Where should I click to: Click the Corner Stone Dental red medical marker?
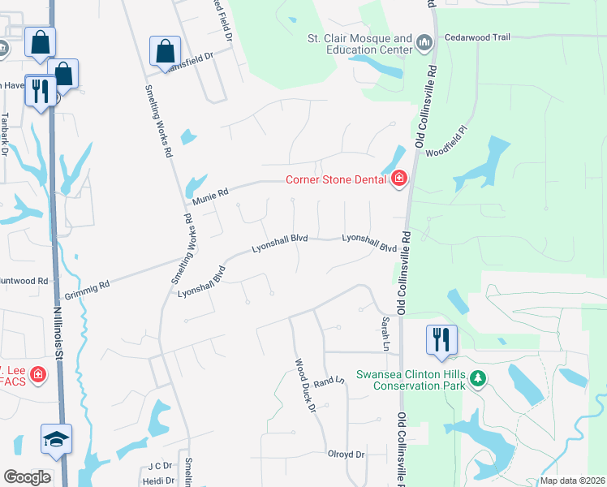point(398,179)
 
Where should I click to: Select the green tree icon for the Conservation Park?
point(478,378)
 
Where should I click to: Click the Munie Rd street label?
point(211,193)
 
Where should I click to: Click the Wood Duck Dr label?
point(304,386)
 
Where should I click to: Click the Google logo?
point(27,477)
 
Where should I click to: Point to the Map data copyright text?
point(571,481)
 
